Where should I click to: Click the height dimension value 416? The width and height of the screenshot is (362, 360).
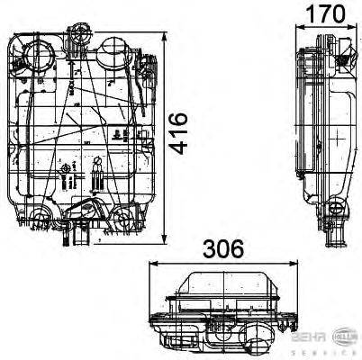click(x=180, y=133)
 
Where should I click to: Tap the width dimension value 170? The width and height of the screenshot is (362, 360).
click(x=326, y=15)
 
